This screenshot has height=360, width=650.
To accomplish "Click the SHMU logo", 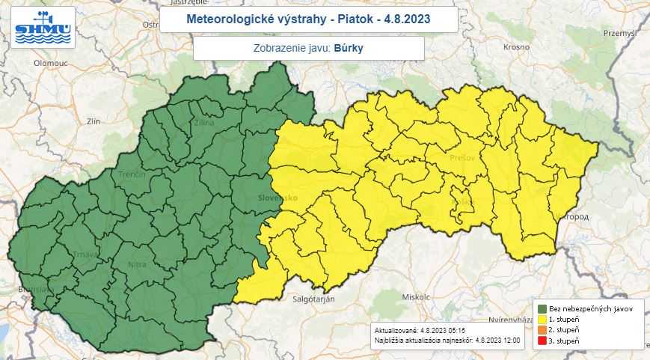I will (x=44, y=28).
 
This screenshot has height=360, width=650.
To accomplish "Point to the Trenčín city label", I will (x=132, y=174).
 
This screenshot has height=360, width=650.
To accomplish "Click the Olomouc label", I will (x=51, y=64).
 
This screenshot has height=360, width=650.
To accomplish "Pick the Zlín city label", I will (x=93, y=120).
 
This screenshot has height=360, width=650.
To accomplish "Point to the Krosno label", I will (x=516, y=46).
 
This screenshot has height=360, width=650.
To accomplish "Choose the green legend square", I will (x=542, y=308).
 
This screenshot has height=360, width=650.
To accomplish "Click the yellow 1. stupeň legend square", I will (x=542, y=319).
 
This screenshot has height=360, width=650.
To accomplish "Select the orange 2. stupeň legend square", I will (x=542, y=329).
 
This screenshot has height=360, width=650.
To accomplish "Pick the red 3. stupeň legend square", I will (x=542, y=341).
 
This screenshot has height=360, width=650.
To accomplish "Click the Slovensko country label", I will (x=278, y=198).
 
